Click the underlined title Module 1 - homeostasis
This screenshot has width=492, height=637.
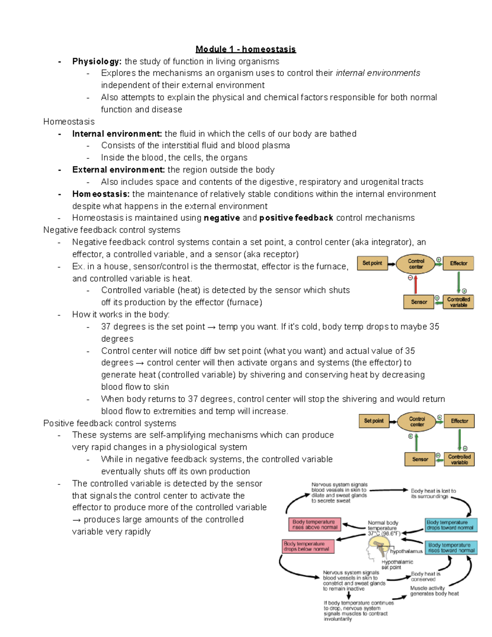pyautogui.click(x=245, y=49)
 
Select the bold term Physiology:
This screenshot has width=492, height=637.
pyautogui.click(x=97, y=62)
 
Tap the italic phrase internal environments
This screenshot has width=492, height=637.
pyautogui.click(x=378, y=73)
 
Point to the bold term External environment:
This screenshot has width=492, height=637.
pyautogui.click(x=118, y=170)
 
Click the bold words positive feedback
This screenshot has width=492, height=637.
pyautogui.click(x=296, y=218)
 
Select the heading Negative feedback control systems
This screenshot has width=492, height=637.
pyautogui.click(x=112, y=230)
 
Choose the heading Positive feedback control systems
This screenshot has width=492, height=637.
pyautogui.click(x=109, y=423)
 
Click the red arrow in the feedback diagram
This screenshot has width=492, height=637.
pyautogui.click(x=415, y=284)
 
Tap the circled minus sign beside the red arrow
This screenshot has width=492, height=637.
pyautogui.click(x=410, y=278)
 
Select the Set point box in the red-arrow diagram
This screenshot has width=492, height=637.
pyautogui.click(x=372, y=263)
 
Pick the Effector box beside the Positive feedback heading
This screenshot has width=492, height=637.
pyautogui.click(x=459, y=421)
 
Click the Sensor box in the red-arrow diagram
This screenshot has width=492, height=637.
pyautogui.click(x=419, y=302)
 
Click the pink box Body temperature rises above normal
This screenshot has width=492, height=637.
pyautogui.click(x=314, y=525)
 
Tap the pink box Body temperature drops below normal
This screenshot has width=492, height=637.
pyautogui.click(x=308, y=546)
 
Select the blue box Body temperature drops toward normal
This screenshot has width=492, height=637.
pyautogui.click(x=451, y=525)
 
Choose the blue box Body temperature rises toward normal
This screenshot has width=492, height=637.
pyautogui.click(x=451, y=548)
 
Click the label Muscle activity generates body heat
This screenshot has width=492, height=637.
pyautogui.click(x=434, y=591)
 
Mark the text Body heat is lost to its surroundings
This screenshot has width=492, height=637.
pyautogui.click(x=433, y=493)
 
